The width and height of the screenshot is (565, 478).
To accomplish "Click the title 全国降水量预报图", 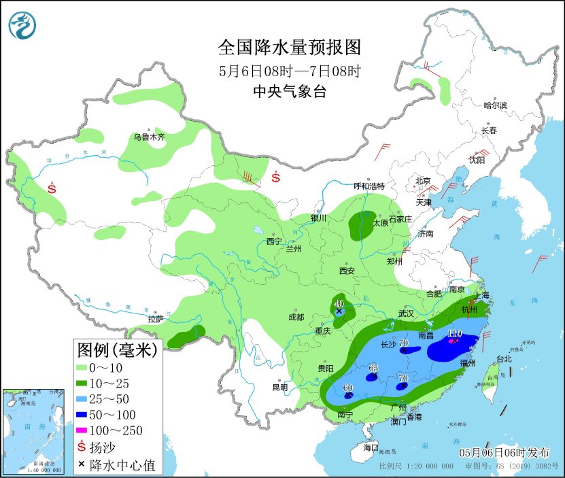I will pyautogui.click(x=289, y=47).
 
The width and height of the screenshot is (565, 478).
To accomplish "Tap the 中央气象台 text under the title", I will pyautogui.click(x=289, y=92).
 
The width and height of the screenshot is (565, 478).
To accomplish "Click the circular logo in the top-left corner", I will pyautogui.click(x=22, y=25).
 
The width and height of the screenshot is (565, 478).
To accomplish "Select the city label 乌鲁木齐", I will pyautogui.click(x=149, y=137).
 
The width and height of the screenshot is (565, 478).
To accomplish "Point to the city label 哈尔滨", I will pyautogui.click(x=495, y=105).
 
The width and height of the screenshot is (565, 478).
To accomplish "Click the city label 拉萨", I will pyautogui.click(x=155, y=319).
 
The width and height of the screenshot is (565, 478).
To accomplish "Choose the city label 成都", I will pyautogui.click(x=296, y=316).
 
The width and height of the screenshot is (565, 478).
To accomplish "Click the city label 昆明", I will pyautogui.click(x=280, y=388).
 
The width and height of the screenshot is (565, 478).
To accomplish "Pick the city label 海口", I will pyautogui.click(x=370, y=447).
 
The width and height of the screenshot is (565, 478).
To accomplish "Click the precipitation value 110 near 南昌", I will pyautogui.click(x=455, y=334).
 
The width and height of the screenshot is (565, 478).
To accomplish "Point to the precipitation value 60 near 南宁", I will pyautogui.click(x=348, y=388).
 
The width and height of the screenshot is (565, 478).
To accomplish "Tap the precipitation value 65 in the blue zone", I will pyautogui.click(x=373, y=368).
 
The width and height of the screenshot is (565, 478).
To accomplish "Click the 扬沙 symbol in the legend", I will pyautogui.click(x=83, y=447).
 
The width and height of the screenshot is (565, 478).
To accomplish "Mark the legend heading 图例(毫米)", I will pyautogui.click(x=117, y=350).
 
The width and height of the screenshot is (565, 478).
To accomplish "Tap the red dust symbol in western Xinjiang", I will pyautogui.click(x=52, y=188).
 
